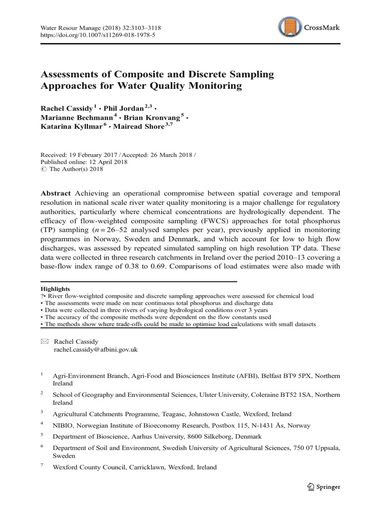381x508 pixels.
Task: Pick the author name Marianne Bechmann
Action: click(x=76, y=117)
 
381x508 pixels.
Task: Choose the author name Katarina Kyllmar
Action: click(x=70, y=127)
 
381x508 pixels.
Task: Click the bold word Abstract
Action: click(x=56, y=193)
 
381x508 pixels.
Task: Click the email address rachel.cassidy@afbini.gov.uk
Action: click(x=95, y=349)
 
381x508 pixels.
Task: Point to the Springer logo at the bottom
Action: click(x=323, y=487)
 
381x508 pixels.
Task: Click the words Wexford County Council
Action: click(x=91, y=467)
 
